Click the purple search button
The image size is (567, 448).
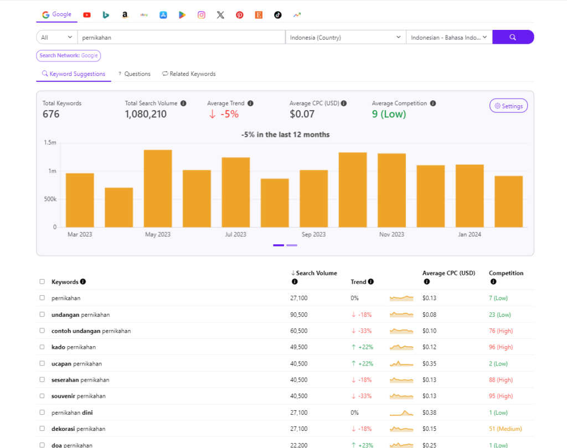(513, 37)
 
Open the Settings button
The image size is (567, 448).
(508, 106)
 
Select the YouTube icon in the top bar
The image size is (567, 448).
(87, 15)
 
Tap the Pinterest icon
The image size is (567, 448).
(239, 15)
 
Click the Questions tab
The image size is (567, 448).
(134, 74)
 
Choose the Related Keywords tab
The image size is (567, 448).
(189, 74)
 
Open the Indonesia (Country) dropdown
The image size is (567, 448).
(346, 37)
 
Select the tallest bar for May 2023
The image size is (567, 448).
(158, 188)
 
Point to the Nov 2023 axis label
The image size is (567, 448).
(391, 234)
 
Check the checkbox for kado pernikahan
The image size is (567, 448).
(42, 347)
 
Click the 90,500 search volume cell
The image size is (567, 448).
(299, 315)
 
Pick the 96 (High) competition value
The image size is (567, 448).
(501, 347)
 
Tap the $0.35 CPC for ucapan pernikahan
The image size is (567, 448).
(429, 364)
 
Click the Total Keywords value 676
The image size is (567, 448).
(51, 114)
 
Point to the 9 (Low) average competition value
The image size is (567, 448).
(389, 114)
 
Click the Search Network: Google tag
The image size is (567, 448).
(69, 55)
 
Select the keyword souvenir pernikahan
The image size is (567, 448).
(78, 396)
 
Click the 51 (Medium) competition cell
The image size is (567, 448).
(505, 429)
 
